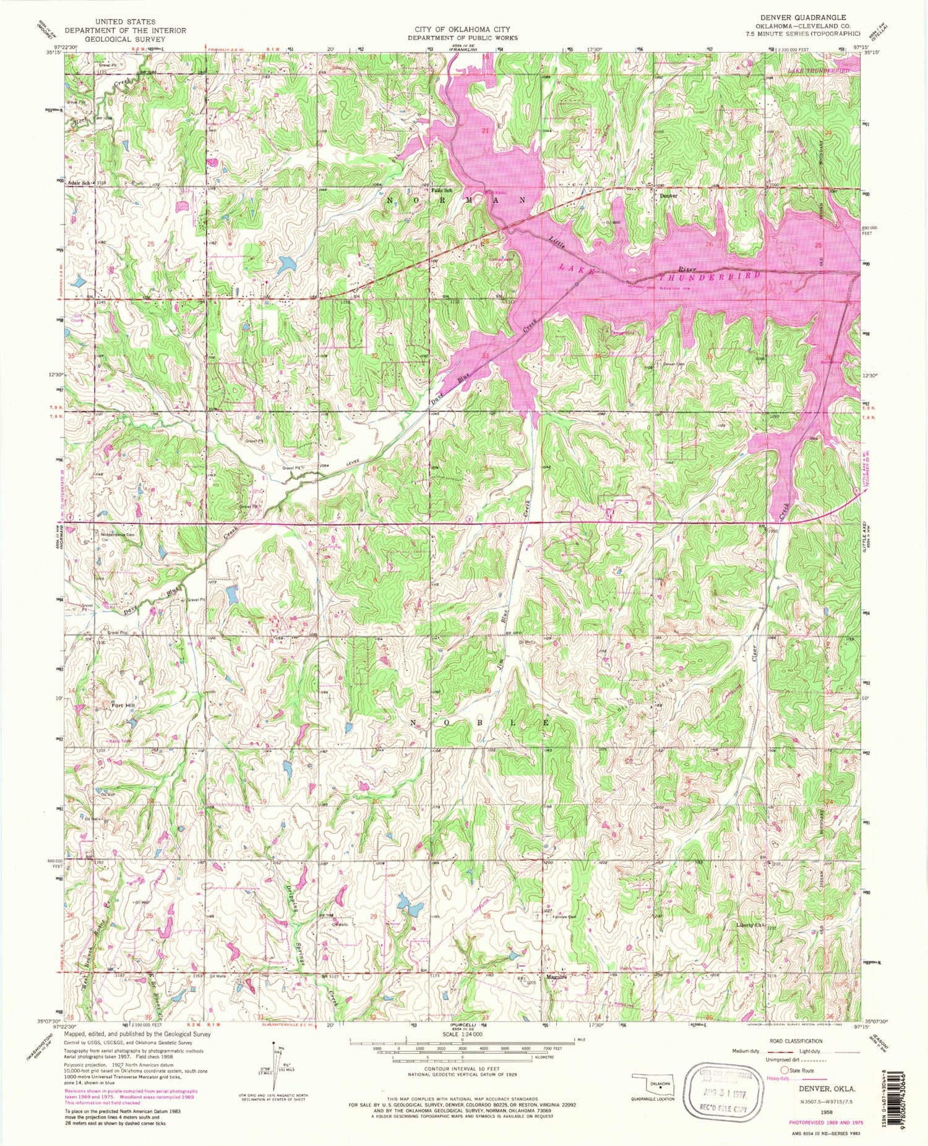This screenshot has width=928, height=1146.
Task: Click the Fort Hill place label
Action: pos(122,704)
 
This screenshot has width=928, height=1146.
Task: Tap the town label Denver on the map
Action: pos(668,195)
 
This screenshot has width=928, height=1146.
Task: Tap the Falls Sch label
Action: pos(442,190)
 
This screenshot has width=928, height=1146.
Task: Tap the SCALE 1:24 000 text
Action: pos(463,1034)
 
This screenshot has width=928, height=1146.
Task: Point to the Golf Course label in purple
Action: pos(77,318)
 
